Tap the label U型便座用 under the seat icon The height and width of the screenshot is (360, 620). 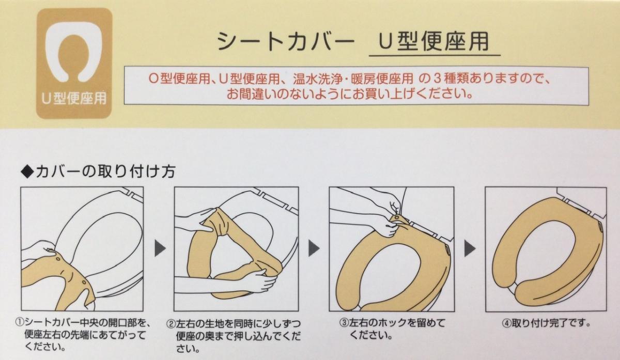click(x=74, y=98)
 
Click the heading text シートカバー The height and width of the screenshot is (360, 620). click(x=286, y=42)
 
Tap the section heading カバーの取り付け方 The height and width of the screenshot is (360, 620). click(x=105, y=171)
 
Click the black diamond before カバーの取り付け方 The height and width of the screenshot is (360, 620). click(x=27, y=172)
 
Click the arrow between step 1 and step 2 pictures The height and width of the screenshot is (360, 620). click(x=160, y=248)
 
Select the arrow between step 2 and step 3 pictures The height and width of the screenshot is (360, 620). click(x=314, y=248)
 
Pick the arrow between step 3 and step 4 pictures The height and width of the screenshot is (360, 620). click(x=470, y=248)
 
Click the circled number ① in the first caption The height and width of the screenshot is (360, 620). click(x=20, y=322)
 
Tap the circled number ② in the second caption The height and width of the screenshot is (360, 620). click(x=171, y=323)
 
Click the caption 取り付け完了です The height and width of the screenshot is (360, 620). click(x=551, y=323)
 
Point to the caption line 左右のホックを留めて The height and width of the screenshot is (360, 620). click(x=397, y=323)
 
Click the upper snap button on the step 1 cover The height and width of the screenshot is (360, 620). click(x=58, y=259)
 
